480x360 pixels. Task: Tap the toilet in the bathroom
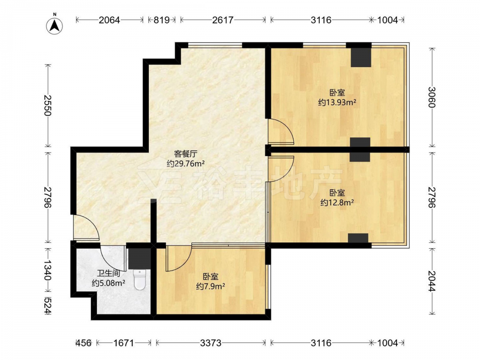pyautogui.click(x=140, y=280)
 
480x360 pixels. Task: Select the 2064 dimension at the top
pyautogui.click(x=109, y=20)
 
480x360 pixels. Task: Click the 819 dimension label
pyautogui.click(x=161, y=20)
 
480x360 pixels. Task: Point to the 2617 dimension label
pyautogui.click(x=223, y=20)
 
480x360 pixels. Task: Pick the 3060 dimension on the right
pyautogui.click(x=432, y=97)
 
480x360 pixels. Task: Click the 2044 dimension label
pyautogui.click(x=432, y=281)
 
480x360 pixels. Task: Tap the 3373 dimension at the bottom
pyautogui.click(x=211, y=343)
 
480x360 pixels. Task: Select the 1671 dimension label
pyautogui.click(x=124, y=343)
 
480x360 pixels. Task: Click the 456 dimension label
pyautogui.click(x=83, y=343)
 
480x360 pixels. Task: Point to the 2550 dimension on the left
pyautogui.click(x=48, y=105)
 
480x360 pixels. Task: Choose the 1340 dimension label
pyautogui.click(x=48, y=270)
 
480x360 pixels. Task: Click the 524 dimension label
pyautogui.click(x=48, y=306)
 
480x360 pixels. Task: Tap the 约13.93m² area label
pyautogui.click(x=337, y=102)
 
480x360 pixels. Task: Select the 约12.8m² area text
pyautogui.click(x=337, y=203)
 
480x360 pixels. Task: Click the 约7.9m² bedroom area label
pyautogui.click(x=211, y=286)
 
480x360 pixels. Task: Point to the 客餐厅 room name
pyautogui.click(x=186, y=154)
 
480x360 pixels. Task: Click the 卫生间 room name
pyautogui.click(x=108, y=273)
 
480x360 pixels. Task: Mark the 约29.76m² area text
pyautogui.click(x=186, y=164)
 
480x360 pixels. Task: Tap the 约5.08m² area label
pyautogui.click(x=108, y=283)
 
